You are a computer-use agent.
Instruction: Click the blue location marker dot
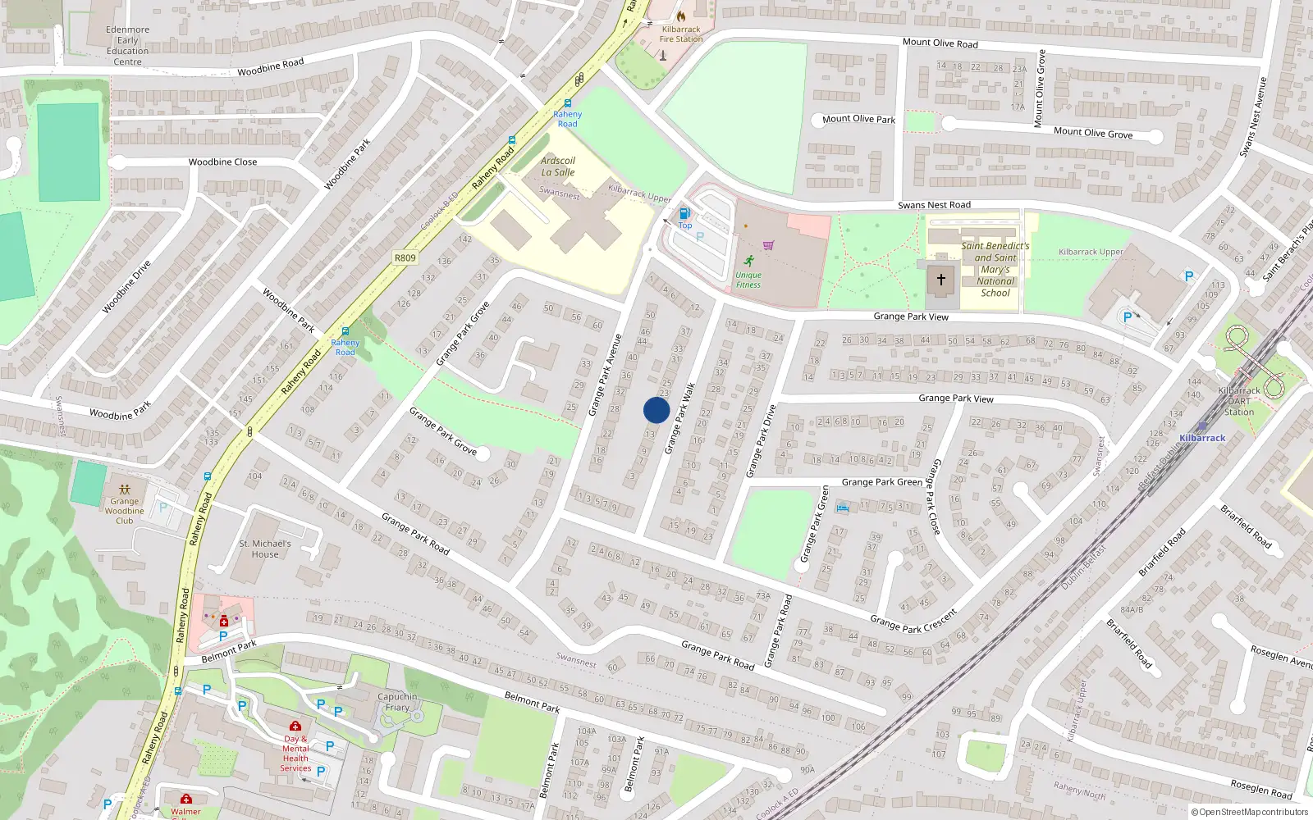pyautogui.click(x=656, y=410)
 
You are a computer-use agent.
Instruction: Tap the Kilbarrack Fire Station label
pyautogui.click(x=681, y=34)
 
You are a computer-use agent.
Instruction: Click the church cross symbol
pyautogui.click(x=940, y=280)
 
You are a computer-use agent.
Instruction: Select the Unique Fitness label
pyautogui.click(x=748, y=280)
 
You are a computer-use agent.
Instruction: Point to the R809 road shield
pyautogui.click(x=405, y=257)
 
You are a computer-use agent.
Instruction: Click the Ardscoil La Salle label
pyautogui.click(x=558, y=166)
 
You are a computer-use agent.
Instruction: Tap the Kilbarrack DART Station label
pyautogui.click(x=1239, y=401)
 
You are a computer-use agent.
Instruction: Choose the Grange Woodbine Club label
pyautogui.click(x=125, y=511)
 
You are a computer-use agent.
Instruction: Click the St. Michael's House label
pyautogui.click(x=265, y=549)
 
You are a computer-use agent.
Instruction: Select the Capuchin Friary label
pyautogui.click(x=397, y=702)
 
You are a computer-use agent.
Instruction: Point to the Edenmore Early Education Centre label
pyautogui.click(x=128, y=46)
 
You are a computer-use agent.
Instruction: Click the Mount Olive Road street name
pyautogui.click(x=940, y=43)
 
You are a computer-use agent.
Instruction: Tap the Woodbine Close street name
pyautogui.click(x=222, y=162)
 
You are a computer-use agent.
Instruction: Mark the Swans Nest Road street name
pyautogui.click(x=934, y=205)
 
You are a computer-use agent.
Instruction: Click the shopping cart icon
pyautogui.click(x=768, y=244)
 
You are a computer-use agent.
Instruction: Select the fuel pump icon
pyautogui.click(x=684, y=214)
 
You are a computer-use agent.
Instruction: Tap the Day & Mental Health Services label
pyautogui.click(x=295, y=754)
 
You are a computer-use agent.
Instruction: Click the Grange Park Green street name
pyautogui.click(x=881, y=482)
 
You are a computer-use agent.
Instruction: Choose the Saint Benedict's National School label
pyautogui.click(x=995, y=269)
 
